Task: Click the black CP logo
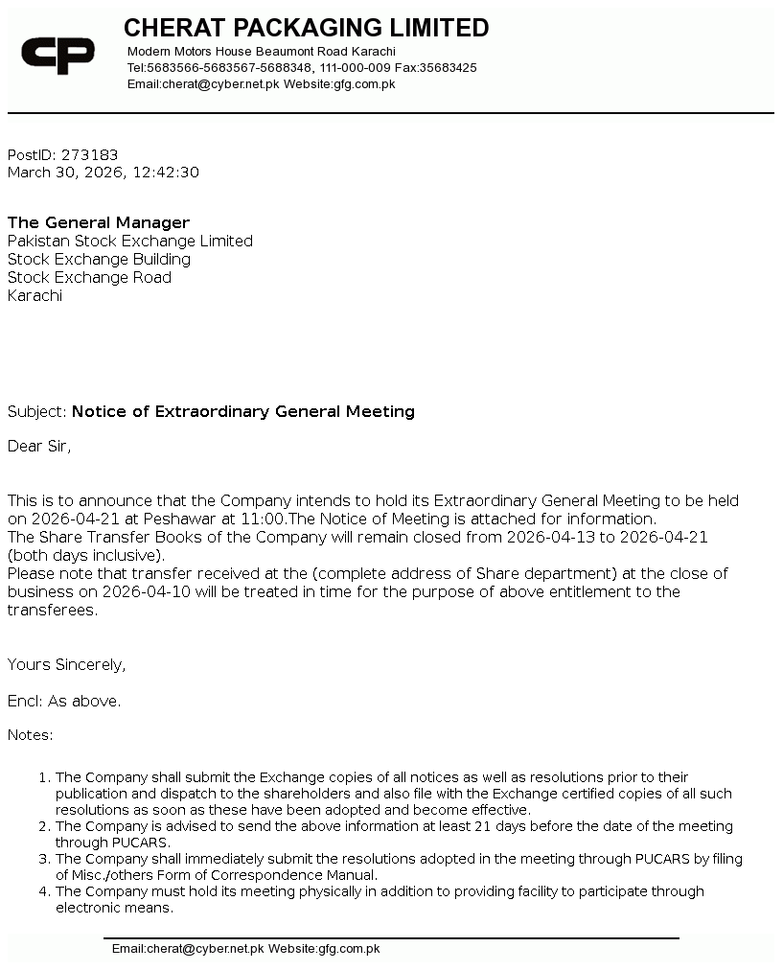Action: point(58,55)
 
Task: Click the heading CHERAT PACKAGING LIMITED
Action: point(306,28)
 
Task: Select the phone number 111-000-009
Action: point(355,68)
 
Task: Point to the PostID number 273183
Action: point(89,154)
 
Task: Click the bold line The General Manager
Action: point(99,222)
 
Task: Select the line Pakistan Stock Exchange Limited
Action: point(130,241)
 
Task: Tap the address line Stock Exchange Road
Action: point(89,277)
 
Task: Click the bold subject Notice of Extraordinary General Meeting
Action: point(243,411)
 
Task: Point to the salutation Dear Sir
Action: point(39,446)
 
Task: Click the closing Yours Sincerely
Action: point(66,664)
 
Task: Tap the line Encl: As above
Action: point(64,701)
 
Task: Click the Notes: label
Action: point(31,735)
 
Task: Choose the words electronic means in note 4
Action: point(114,908)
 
